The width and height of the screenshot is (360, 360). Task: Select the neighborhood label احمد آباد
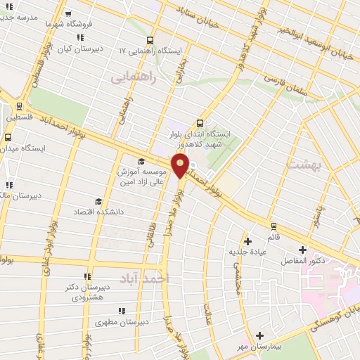[145, 279]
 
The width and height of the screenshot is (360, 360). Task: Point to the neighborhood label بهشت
[303, 165]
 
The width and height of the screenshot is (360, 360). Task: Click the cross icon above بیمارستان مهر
[259, 335]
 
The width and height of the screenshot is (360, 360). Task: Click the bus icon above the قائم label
[273, 226]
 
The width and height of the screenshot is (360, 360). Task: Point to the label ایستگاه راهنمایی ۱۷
[150, 51]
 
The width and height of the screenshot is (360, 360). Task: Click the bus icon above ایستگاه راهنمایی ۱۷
[149, 40]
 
